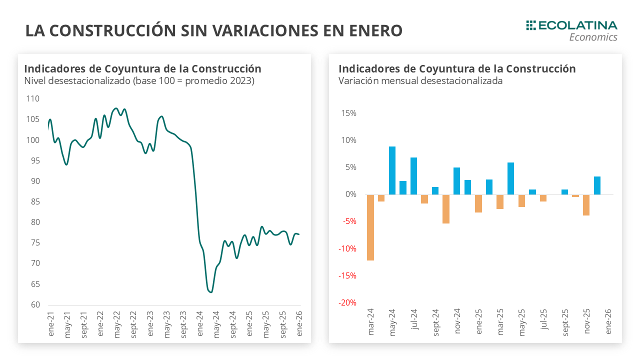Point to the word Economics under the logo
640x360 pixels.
(593, 37)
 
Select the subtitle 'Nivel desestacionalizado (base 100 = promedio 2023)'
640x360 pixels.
(139, 81)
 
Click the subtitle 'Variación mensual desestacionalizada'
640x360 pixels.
(420, 81)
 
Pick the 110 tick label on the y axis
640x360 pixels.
(32, 98)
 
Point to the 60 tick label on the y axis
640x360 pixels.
(34, 305)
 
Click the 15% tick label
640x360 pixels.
(349, 113)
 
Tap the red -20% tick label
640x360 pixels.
(347, 303)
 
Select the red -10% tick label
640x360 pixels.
(347, 249)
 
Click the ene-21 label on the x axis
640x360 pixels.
(50, 323)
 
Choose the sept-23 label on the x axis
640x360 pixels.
(183, 324)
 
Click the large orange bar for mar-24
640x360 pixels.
(370, 227)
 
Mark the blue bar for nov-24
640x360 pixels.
(456, 181)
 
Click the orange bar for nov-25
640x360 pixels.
(586, 205)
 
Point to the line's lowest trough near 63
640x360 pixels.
(210, 292)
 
